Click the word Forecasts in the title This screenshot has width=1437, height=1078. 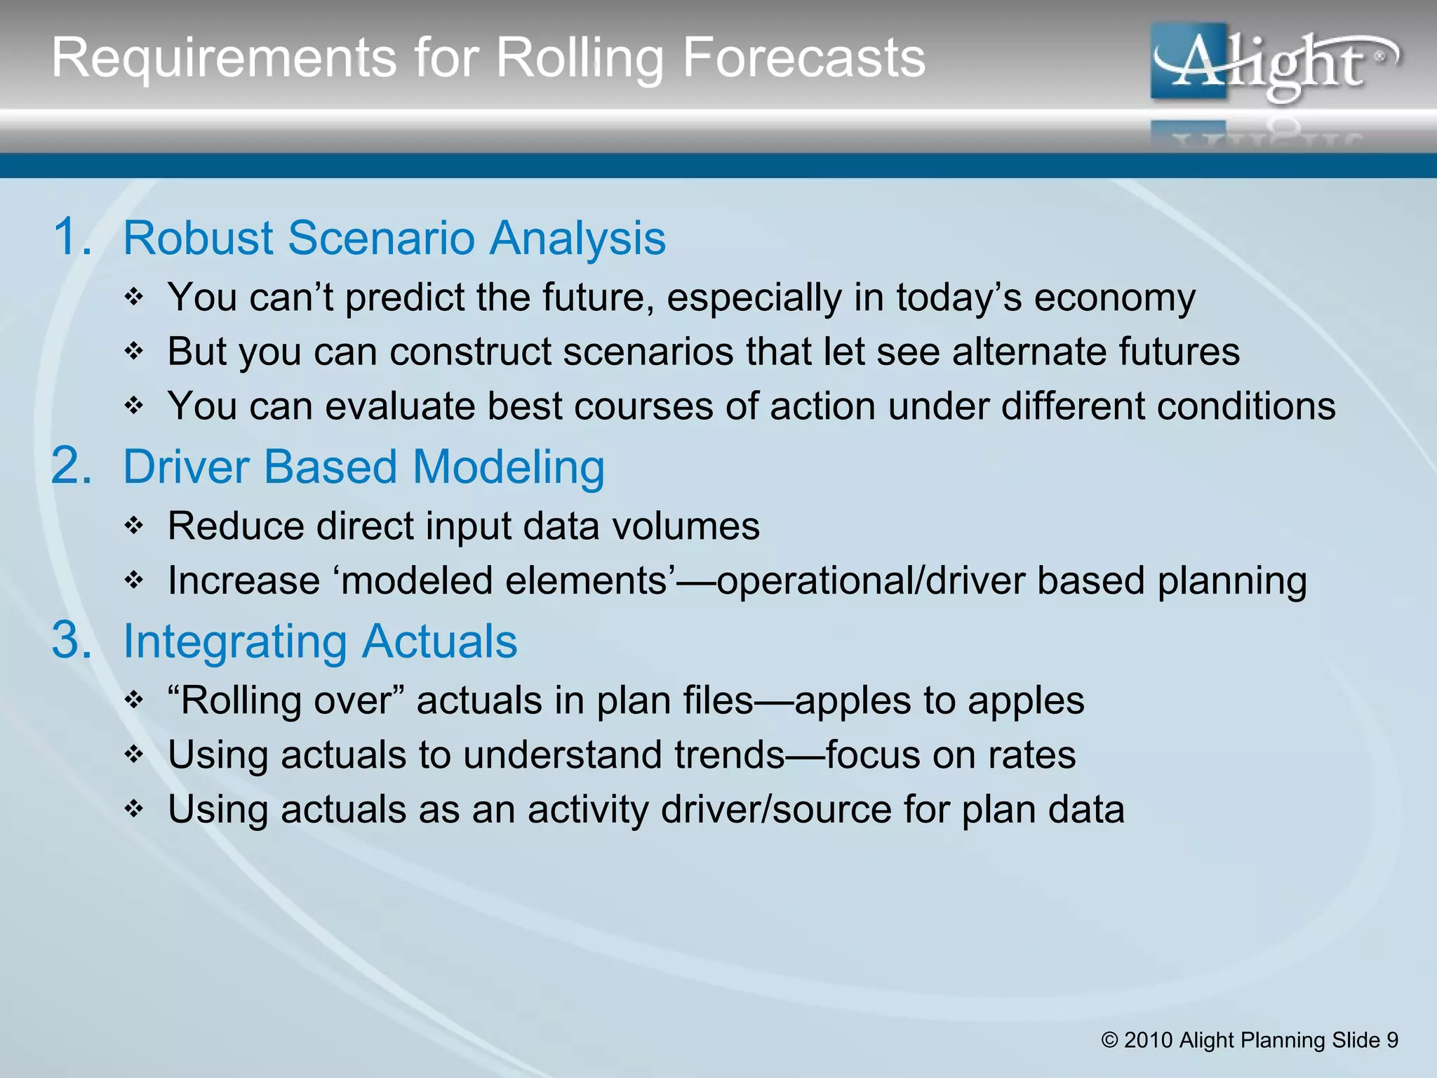pyautogui.click(x=803, y=58)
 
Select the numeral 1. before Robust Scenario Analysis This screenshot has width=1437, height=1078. pyautogui.click(x=72, y=237)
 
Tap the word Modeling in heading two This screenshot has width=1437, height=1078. pyautogui.click(x=508, y=467)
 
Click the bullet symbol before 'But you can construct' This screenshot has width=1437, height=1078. pyautogui.click(x=133, y=351)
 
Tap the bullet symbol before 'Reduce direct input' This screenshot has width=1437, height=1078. pyautogui.click(x=133, y=526)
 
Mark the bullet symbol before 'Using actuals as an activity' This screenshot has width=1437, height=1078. pyautogui.click(x=133, y=809)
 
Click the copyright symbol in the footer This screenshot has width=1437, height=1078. pyautogui.click(x=1109, y=1040)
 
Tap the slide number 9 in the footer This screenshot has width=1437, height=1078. pyautogui.click(x=1392, y=1040)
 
